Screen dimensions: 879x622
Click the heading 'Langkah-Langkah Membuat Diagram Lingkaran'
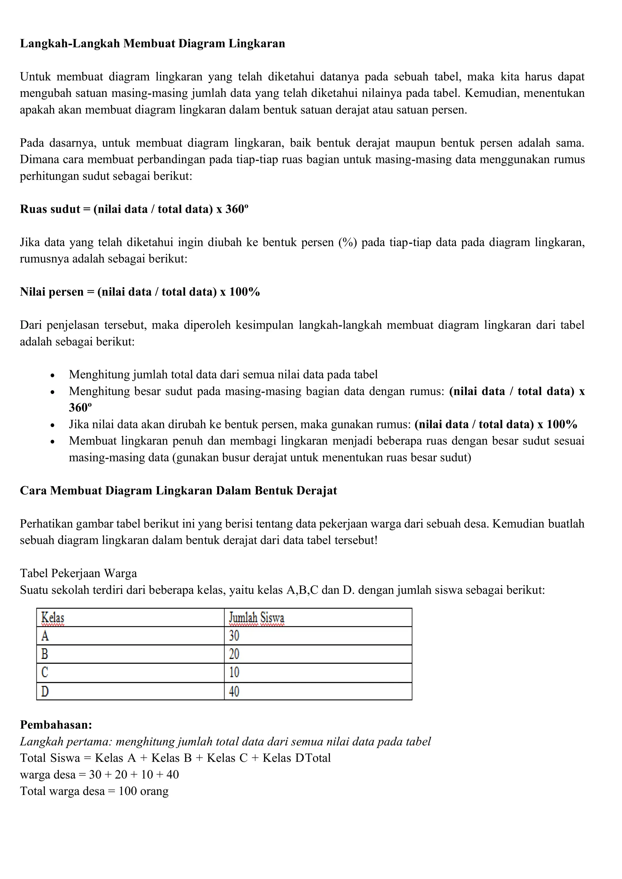click(x=152, y=44)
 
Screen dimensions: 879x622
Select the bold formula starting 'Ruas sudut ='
click(x=134, y=210)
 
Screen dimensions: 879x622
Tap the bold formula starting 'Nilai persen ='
click(x=140, y=292)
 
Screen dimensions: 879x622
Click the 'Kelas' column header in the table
click(x=53, y=618)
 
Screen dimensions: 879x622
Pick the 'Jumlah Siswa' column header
click(x=257, y=618)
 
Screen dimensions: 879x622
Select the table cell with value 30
click(x=234, y=636)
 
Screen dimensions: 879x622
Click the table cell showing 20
click(x=234, y=654)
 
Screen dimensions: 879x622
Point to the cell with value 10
click(x=234, y=672)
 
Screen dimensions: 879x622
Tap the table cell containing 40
click(x=234, y=691)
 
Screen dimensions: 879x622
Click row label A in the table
click(x=45, y=636)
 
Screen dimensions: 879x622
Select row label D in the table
click(x=45, y=691)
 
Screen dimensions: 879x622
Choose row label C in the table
click(x=45, y=672)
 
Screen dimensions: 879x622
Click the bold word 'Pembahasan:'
click(x=56, y=725)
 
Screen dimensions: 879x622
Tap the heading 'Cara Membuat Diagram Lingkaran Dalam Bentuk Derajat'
click(x=179, y=491)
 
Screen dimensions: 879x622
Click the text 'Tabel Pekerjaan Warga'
click(x=79, y=574)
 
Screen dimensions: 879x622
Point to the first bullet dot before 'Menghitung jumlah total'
click(x=53, y=376)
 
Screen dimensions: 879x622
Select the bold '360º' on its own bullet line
click(x=80, y=408)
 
